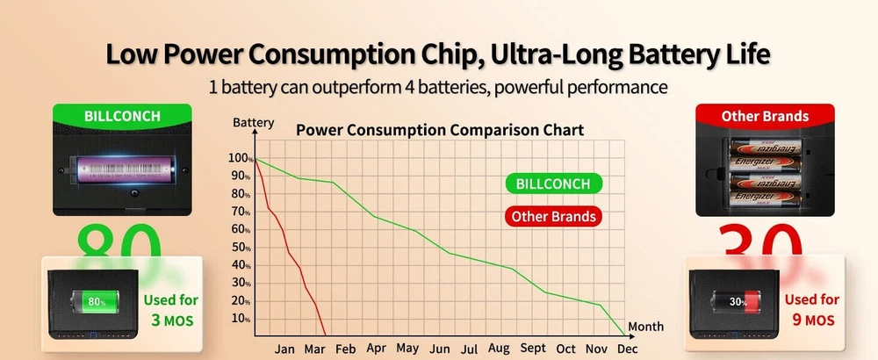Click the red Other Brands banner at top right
tap(764, 115)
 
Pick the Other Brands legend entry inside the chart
tap(553, 216)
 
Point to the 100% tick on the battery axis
tap(239, 158)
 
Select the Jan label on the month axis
tap(284, 349)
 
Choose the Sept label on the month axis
tap(532, 349)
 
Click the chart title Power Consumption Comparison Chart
tap(439, 130)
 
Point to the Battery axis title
tap(253, 122)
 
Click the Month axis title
tap(645, 326)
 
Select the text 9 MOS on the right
tap(811, 320)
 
